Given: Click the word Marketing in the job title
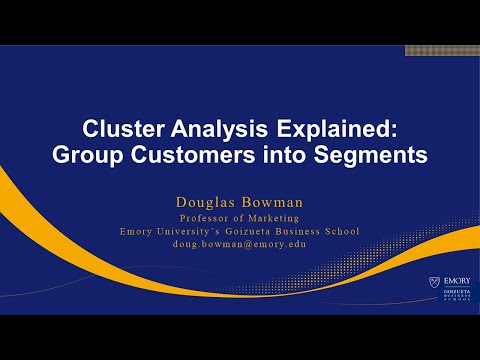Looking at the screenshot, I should point(275,218).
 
